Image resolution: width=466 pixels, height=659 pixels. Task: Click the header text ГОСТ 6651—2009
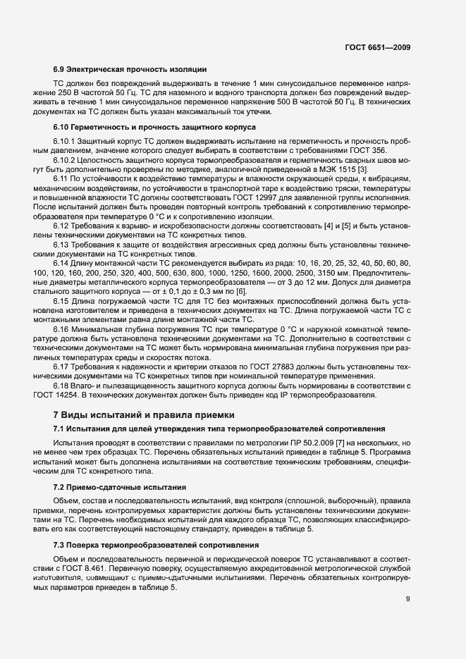(377, 47)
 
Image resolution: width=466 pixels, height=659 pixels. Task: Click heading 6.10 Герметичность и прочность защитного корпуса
(154, 127)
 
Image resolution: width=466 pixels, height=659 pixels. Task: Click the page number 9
(407, 600)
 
